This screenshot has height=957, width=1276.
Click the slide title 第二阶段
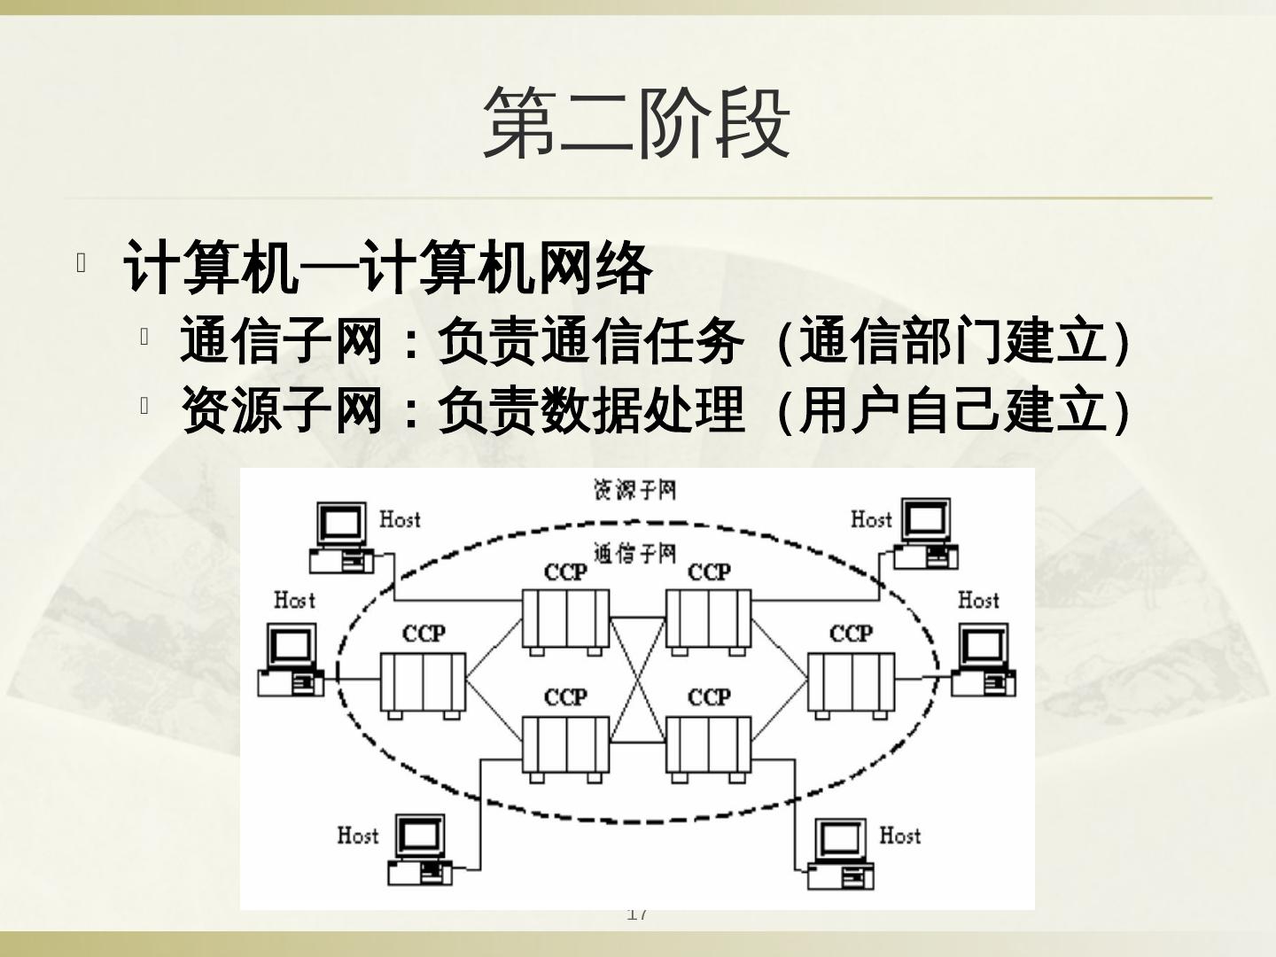[x=636, y=123]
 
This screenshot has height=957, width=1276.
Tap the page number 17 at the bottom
[x=637, y=914]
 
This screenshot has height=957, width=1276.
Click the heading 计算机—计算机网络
[x=388, y=267]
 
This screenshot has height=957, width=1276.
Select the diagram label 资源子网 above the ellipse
[x=634, y=489]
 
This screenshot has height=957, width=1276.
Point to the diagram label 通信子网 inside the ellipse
[x=634, y=554]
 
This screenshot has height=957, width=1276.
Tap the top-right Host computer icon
[x=926, y=534]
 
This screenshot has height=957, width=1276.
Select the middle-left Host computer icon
[x=291, y=660]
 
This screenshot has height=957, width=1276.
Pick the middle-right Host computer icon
[x=983, y=660]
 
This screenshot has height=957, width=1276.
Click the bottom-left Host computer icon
[x=420, y=850]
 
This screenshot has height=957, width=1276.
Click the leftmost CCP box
[x=423, y=682]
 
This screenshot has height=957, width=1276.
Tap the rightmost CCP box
[x=851, y=682]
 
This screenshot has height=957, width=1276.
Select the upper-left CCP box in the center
[x=565, y=619]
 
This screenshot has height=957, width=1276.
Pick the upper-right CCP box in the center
[x=709, y=619]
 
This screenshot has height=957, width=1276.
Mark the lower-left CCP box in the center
[x=565, y=746]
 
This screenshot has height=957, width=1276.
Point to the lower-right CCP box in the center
[x=709, y=746]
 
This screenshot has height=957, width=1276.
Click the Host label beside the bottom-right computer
[x=899, y=835]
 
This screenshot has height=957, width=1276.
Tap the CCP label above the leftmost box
[x=424, y=634]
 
